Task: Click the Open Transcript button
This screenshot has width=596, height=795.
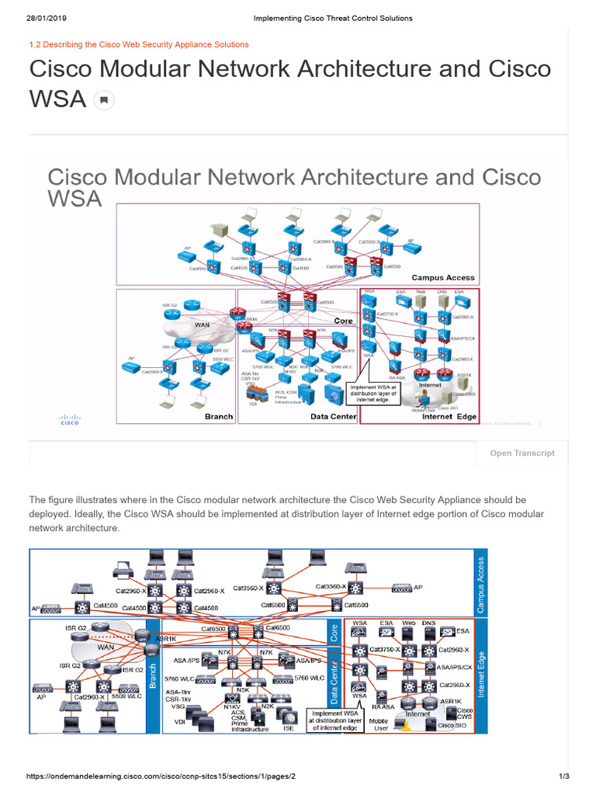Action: [x=521, y=453]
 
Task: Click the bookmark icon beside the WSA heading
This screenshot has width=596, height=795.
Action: [x=104, y=100]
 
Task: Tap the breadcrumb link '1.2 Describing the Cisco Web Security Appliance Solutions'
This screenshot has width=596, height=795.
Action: [x=139, y=45]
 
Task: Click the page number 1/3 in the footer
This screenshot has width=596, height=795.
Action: [x=564, y=776]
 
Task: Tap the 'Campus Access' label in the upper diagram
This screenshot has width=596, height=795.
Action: [x=443, y=277]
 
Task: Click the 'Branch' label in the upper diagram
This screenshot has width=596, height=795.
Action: [x=218, y=416]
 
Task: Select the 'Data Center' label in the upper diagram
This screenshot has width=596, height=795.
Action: [x=333, y=416]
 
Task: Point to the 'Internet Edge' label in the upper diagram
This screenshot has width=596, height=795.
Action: [x=449, y=416]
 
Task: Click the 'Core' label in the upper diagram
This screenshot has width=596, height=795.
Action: [x=343, y=321]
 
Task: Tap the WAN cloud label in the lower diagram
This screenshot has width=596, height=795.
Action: [x=106, y=647]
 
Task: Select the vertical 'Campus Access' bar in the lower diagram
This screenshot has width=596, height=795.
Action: [x=480, y=584]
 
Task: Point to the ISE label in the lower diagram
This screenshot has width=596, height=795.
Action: [x=289, y=728]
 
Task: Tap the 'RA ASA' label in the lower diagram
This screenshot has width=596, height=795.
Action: [x=383, y=707]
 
